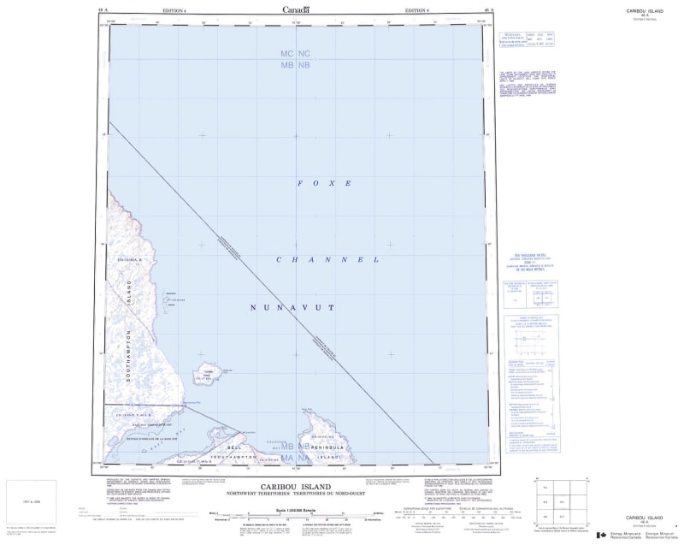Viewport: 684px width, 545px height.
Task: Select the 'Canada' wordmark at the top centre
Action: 296,9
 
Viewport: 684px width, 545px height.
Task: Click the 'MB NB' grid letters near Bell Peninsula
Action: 295,447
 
